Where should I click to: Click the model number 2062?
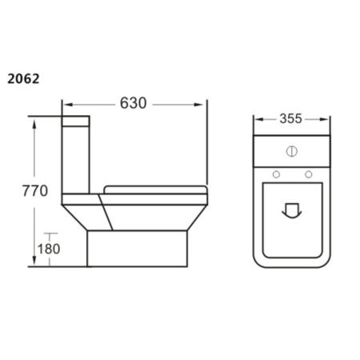pyautogui.click(x=23, y=79)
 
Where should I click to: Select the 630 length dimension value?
pyautogui.click(x=134, y=103)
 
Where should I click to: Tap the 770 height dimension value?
pyautogui.click(x=34, y=191)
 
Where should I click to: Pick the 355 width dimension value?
pyautogui.click(x=290, y=120)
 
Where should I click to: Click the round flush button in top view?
pyautogui.click(x=291, y=150)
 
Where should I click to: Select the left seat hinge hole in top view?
pyautogui.click(x=276, y=174)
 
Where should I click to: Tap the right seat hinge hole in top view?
pyautogui.click(x=307, y=174)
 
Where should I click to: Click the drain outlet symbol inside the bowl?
pyautogui.click(x=291, y=210)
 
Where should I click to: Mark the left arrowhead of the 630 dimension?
pyautogui.click(x=66, y=104)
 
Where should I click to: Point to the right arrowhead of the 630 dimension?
pyautogui.click(x=204, y=104)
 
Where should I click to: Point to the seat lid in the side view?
pyautogui.click(x=156, y=189)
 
